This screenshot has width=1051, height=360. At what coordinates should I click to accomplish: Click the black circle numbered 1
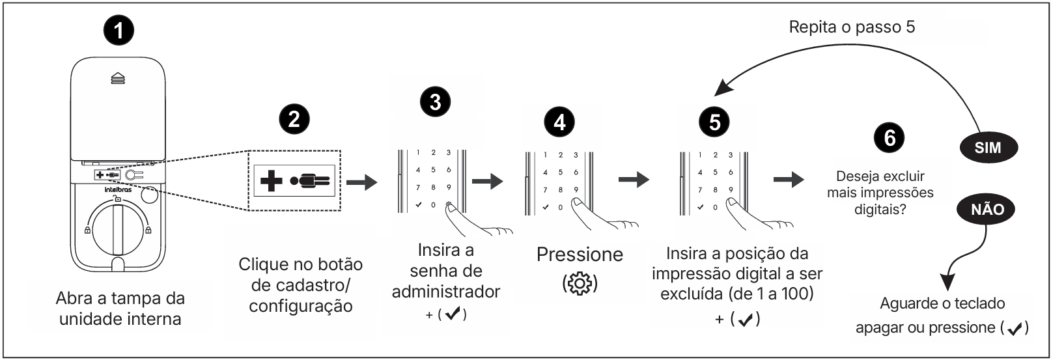click(x=119, y=31)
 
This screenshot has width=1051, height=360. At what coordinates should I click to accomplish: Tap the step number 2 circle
click(x=294, y=119)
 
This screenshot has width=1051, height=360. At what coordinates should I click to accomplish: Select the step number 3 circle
click(x=435, y=102)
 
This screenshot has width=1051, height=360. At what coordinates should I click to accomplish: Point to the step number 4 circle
click(x=559, y=121)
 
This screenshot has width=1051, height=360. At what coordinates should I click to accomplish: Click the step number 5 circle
click(x=714, y=121)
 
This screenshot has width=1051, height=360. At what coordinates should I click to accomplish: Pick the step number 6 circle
click(x=890, y=137)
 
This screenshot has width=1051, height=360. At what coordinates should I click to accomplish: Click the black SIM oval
click(x=987, y=148)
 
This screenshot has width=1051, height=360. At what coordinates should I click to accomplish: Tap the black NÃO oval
click(x=987, y=209)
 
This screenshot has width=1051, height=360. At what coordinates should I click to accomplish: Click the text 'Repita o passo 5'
click(x=852, y=27)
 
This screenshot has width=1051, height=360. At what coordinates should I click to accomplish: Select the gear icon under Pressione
click(x=580, y=284)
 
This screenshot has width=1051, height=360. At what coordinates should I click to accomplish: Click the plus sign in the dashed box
click(x=271, y=180)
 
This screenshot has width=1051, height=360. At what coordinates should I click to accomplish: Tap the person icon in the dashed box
click(x=311, y=180)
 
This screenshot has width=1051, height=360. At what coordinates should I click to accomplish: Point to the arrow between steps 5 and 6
click(x=789, y=180)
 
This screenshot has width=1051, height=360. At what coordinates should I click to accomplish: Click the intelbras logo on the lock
click(x=118, y=190)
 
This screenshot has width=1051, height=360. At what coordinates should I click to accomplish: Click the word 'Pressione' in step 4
click(x=580, y=255)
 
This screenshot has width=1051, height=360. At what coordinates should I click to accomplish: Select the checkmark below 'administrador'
click(x=453, y=314)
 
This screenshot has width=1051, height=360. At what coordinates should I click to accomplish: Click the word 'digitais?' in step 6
click(x=880, y=210)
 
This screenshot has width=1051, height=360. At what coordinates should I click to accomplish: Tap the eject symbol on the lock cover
click(x=118, y=78)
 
